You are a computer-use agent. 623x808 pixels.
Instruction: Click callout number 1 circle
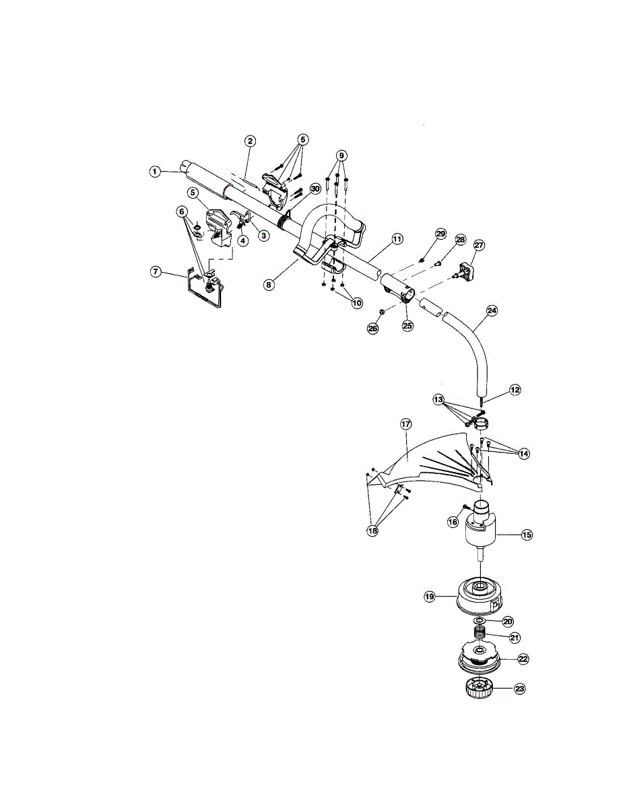coord(155,172)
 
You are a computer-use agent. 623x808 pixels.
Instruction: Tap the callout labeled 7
coord(156,271)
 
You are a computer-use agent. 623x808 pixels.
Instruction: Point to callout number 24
coord(492,311)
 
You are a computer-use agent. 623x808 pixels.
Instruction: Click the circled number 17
coord(405,424)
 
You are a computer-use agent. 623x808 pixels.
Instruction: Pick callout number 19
coord(430,596)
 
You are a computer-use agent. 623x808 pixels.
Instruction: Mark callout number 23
coord(519,689)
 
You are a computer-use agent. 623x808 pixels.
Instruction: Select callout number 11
coord(397,239)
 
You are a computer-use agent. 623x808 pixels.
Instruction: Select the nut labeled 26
coord(380,311)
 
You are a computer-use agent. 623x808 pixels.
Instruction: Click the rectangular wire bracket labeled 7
coord(205,291)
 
